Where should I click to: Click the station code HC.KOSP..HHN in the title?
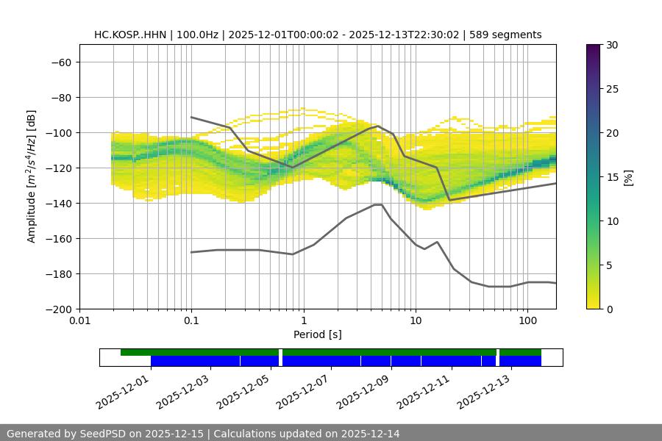pos(130,35)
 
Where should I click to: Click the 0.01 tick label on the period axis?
pos(79,321)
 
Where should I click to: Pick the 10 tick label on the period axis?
pos(416,321)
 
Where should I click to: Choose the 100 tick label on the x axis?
pos(527,321)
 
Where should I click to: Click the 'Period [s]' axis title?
pos(318,334)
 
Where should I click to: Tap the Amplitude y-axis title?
pos(31,176)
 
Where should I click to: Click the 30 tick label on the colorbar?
pos(611,45)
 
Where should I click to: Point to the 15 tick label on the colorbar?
pos(611,177)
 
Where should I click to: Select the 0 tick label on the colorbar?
pos(608,309)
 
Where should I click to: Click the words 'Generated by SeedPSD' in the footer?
pos(66,434)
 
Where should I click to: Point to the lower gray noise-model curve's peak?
pos(378,204)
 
